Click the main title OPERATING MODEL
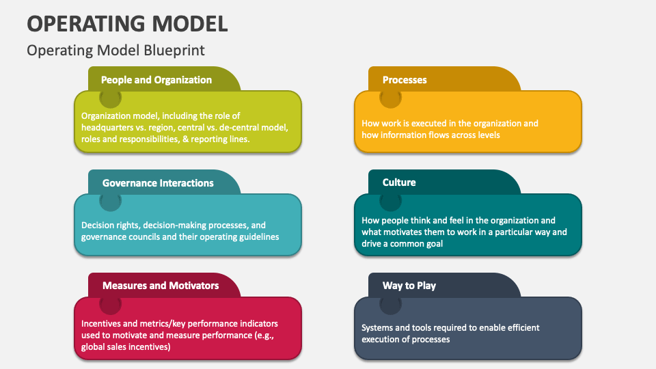point(127,23)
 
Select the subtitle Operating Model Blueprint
point(115,51)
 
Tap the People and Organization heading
point(156,80)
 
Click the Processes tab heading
point(405,80)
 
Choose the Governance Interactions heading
point(158,183)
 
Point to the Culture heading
point(399,182)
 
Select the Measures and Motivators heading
point(161,286)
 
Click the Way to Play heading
point(409,286)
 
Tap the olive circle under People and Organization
point(110,98)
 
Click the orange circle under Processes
point(390,98)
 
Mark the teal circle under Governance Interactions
point(110,201)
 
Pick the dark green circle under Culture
point(390,201)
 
